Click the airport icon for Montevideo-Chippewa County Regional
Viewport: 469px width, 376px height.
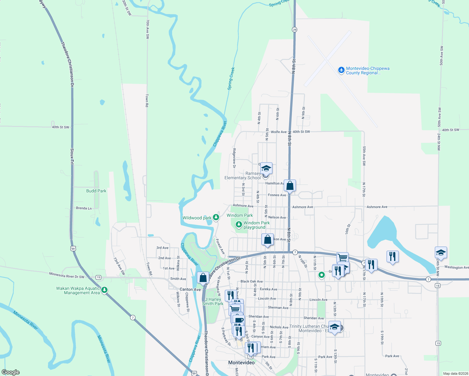coord(341,70)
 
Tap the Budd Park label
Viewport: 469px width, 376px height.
coord(96,191)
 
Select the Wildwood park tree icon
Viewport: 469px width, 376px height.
coord(216,217)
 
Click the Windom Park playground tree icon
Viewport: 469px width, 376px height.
coord(239,224)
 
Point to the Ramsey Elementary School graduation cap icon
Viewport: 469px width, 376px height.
coord(266,169)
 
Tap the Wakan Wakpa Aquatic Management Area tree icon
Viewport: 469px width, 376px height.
coord(105,290)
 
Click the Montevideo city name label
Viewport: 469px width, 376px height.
coord(241,363)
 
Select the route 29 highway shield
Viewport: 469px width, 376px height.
coord(294,30)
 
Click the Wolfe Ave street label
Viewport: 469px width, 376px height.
coord(279,132)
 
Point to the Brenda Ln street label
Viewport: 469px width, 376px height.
coord(84,208)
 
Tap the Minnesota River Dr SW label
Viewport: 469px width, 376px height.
coord(67,275)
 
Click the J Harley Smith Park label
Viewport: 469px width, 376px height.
coord(213,301)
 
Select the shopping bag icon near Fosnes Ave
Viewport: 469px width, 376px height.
coord(290,186)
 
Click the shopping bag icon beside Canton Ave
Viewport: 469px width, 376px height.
coord(203,278)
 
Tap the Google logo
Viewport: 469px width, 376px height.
coord(11,372)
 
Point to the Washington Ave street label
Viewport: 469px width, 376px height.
coord(456,267)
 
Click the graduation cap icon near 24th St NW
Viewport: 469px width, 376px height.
coord(441,253)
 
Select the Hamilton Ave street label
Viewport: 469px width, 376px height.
coord(275,183)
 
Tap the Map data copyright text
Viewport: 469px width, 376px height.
coord(456,373)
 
